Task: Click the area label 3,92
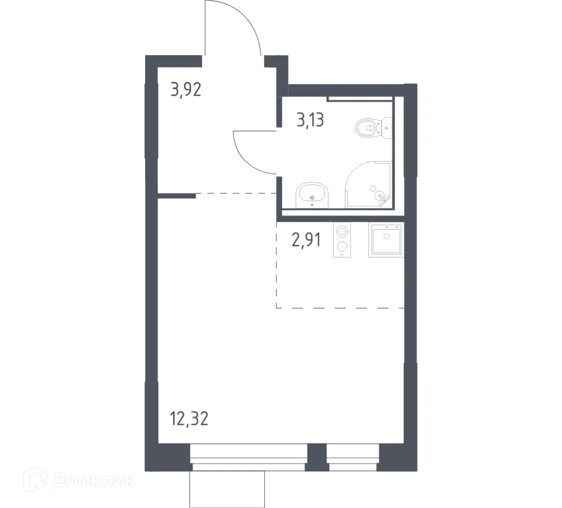pos(186,90)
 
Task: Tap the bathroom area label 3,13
pos(310,119)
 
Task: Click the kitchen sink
pos(387,240)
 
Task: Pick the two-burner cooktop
pos(342,240)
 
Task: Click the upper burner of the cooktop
pos(342,231)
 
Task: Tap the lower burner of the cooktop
pos(342,247)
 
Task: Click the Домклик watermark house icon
pos(39,481)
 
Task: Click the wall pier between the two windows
pos(316,457)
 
